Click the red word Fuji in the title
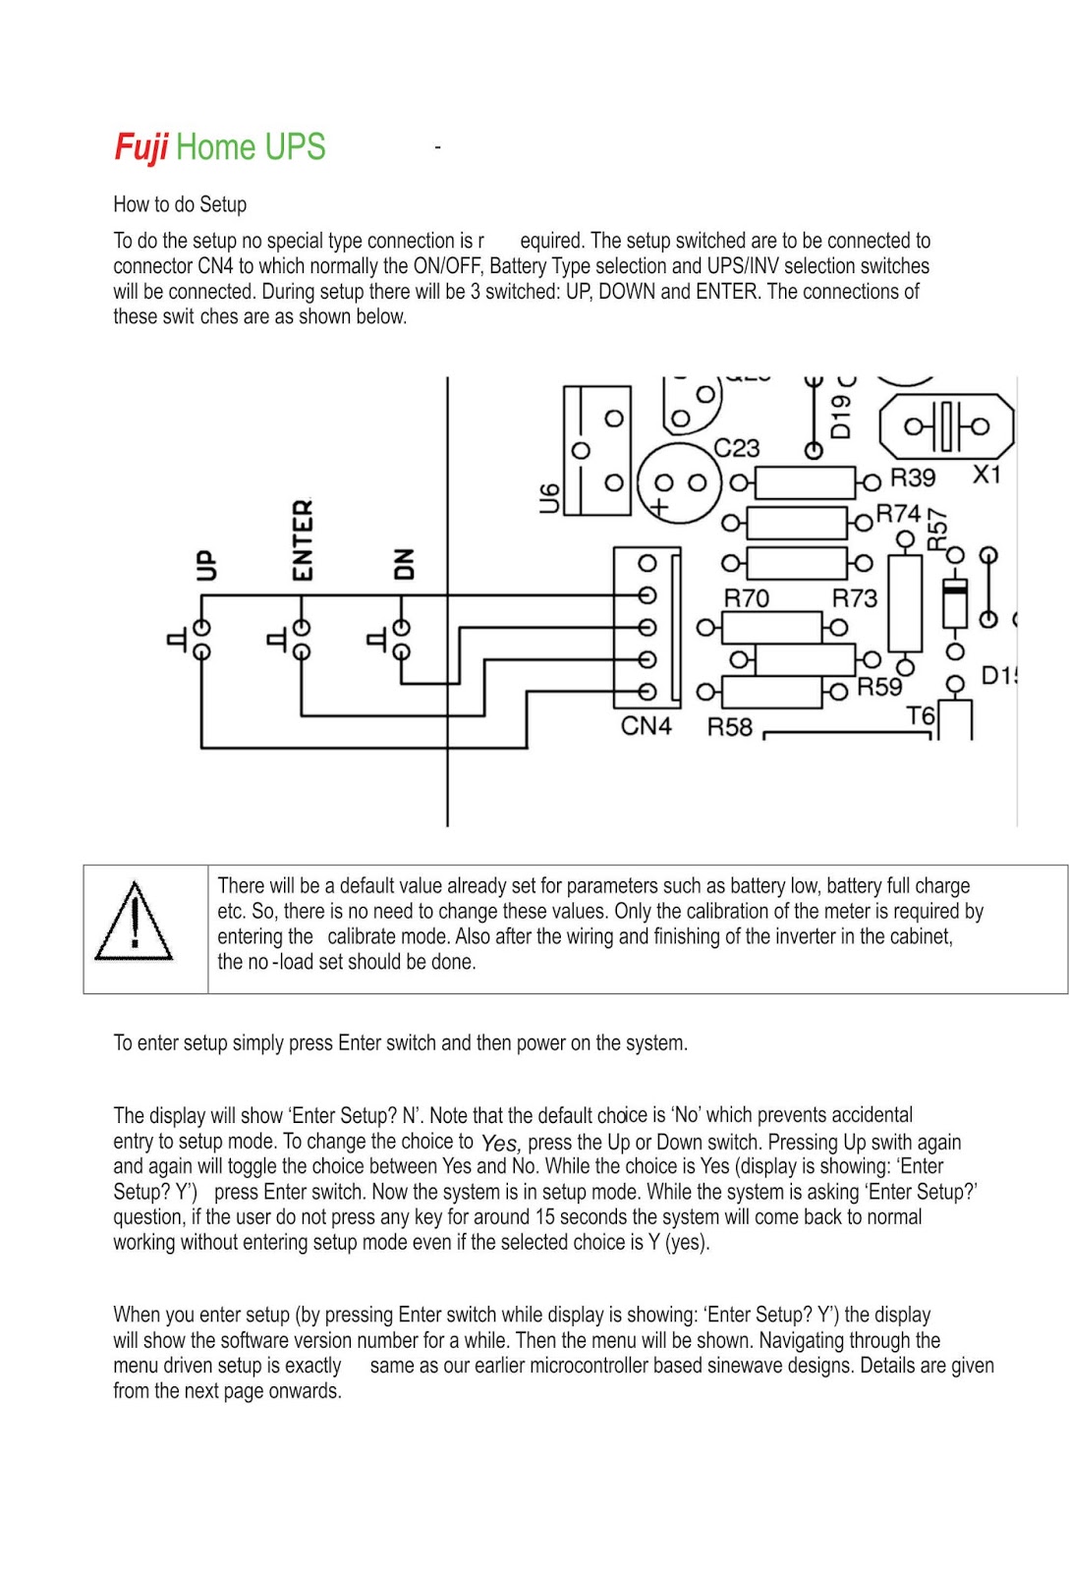[x=141, y=147]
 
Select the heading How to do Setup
[x=180, y=204]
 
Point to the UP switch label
[x=205, y=565]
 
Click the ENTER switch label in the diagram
[x=303, y=539]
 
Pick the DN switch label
[x=403, y=564]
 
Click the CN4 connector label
[x=646, y=726]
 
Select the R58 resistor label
[x=729, y=727]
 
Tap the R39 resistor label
[x=912, y=477]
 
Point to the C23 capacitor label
[x=736, y=448]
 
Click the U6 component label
[x=550, y=498]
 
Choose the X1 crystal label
[x=986, y=475]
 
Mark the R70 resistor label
[x=746, y=598]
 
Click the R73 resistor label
[x=854, y=598]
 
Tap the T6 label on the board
[x=921, y=715]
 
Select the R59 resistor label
[x=878, y=687]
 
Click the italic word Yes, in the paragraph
[x=500, y=1144]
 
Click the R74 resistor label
[x=898, y=514]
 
